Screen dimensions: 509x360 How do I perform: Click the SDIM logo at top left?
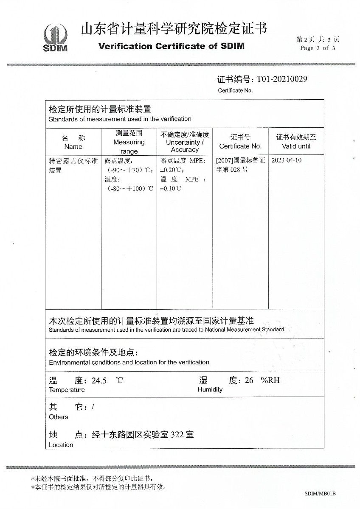click(x=55, y=37)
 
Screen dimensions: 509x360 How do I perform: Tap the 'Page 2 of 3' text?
click(x=318, y=48)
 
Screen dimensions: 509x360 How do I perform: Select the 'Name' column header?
click(x=73, y=147)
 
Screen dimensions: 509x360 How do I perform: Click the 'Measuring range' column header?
click(x=129, y=142)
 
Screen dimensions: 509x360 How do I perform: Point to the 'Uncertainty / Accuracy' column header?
click(x=185, y=142)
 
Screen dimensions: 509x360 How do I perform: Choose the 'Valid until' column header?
click(x=296, y=146)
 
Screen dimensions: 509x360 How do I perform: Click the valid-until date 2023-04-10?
click(x=287, y=161)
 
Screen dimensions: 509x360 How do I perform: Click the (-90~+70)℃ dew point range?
click(x=130, y=170)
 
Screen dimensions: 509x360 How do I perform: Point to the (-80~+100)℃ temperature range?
click(x=130, y=188)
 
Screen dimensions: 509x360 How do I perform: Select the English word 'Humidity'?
click(x=210, y=389)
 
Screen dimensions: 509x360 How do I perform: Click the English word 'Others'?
click(x=58, y=417)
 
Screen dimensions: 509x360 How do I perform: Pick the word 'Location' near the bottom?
click(x=61, y=445)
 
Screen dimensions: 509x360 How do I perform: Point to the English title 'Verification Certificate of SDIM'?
click(x=172, y=46)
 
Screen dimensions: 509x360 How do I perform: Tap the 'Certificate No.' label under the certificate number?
click(x=235, y=90)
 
